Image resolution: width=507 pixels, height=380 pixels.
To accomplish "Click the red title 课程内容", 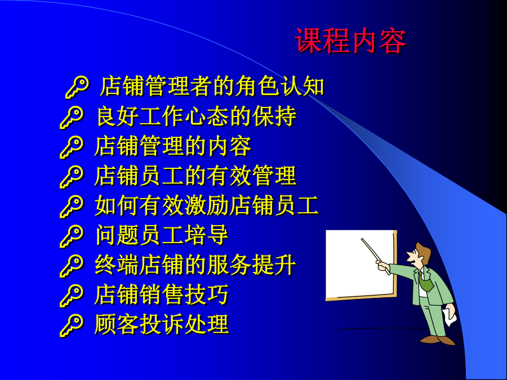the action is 350,41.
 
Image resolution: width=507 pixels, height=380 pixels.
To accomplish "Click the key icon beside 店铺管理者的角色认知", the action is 77,87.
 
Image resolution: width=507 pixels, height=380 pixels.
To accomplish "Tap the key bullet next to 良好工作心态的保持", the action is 72,117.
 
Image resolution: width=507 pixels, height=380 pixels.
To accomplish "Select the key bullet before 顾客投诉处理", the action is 72,325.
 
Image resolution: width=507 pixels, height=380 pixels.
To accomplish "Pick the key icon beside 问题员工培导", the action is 72,236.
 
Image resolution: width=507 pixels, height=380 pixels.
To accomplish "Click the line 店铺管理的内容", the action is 173,146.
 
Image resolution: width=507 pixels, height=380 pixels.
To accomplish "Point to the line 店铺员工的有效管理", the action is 195,176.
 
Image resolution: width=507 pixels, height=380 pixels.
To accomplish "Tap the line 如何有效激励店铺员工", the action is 207,206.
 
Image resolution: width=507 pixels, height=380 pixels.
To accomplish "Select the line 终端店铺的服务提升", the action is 195,265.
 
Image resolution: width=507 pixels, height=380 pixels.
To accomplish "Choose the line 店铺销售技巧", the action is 162,295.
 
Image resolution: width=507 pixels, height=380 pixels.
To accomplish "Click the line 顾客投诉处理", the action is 162,325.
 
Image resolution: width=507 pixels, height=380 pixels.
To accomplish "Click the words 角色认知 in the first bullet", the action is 279,86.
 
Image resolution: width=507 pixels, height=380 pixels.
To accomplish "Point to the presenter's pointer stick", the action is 375,256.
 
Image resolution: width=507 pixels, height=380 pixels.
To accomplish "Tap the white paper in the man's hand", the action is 450,317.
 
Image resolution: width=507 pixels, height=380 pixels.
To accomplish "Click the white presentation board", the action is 360,264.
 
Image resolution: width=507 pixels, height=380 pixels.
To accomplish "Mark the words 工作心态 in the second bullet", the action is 173,117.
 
